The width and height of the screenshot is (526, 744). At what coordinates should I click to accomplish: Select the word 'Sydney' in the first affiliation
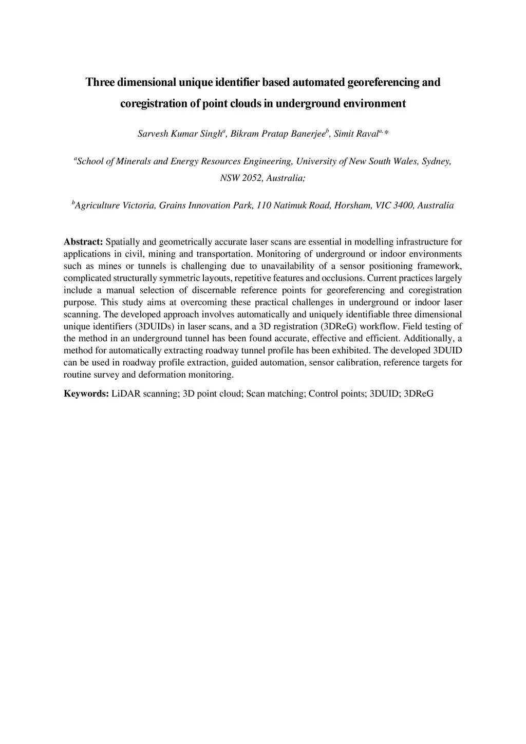[436, 161]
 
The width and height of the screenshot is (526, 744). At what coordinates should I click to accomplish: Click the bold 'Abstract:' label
[83, 242]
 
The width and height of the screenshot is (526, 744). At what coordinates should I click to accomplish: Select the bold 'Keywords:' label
[86, 394]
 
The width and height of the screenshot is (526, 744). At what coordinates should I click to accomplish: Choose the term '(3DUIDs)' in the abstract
[155, 326]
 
